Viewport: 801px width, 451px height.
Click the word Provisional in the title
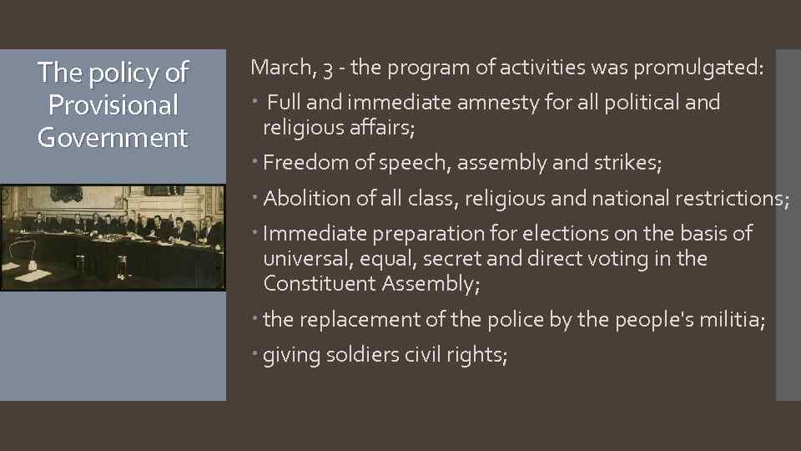coord(113,105)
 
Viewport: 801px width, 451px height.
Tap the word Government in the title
coord(113,138)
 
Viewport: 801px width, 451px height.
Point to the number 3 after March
coord(326,68)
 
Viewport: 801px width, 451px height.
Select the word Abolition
coord(307,199)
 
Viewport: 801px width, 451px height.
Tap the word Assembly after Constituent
coord(431,284)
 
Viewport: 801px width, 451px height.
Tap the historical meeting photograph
coord(113,237)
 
